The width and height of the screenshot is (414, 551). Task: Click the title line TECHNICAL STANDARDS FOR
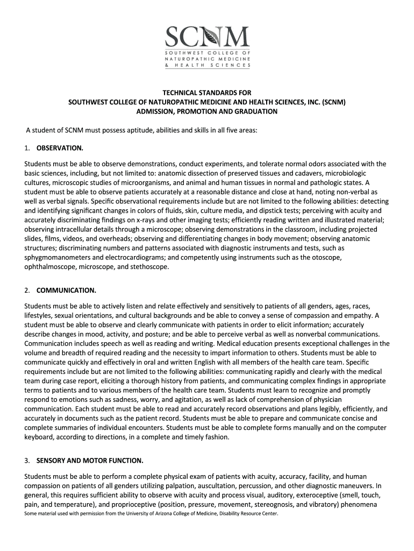click(x=207, y=93)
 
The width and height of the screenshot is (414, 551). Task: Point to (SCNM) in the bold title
click(x=333, y=102)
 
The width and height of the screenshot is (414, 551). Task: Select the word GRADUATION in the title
click(x=255, y=111)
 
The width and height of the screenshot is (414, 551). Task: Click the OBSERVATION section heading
click(x=60, y=147)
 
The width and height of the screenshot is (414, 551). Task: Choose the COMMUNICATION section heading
click(x=66, y=291)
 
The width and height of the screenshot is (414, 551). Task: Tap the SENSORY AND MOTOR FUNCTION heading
click(x=90, y=461)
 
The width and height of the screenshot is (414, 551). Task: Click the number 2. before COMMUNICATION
click(x=27, y=291)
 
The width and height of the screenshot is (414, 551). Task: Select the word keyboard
click(x=39, y=437)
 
